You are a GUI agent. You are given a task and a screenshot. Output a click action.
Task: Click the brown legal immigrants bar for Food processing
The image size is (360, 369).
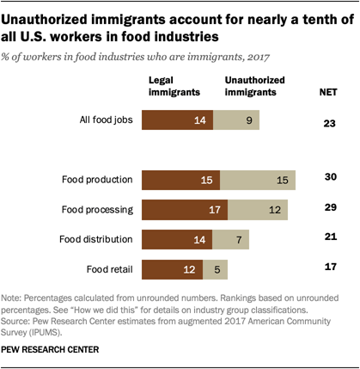tap(184, 209)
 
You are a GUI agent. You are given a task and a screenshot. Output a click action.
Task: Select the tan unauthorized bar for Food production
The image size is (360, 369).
tap(258, 180)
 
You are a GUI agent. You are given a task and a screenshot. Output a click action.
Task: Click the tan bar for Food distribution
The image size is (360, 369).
tap(231, 238)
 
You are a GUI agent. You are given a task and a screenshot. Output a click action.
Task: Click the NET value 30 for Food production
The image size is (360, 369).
tap(327, 177)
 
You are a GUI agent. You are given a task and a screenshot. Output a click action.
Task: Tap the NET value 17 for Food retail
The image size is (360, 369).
tap(327, 266)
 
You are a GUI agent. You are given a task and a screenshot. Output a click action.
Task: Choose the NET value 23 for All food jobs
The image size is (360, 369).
tap(327, 123)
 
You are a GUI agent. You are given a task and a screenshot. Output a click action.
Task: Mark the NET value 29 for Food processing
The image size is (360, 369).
tap(327, 207)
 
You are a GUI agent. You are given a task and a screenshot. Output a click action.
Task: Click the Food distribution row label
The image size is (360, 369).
tap(95, 238)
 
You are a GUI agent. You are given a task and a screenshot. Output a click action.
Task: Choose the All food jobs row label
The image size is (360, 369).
tap(102, 121)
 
